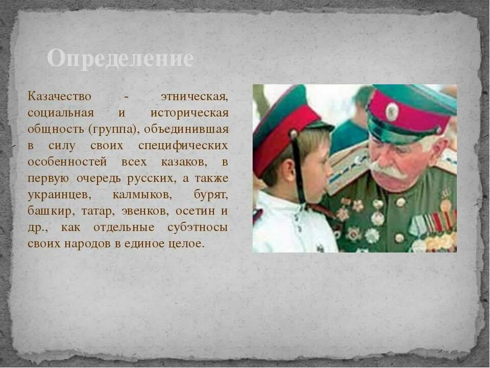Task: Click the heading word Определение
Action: (120, 59)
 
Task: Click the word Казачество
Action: (60, 96)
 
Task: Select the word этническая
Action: (194, 96)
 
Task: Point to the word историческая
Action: (189, 112)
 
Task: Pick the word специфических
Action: (183, 145)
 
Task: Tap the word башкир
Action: (46, 211)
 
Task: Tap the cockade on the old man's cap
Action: (392, 111)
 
